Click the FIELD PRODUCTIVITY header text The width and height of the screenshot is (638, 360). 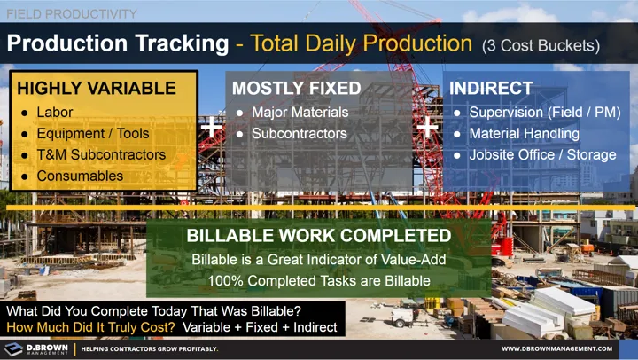click(70, 13)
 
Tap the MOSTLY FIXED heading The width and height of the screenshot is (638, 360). click(296, 89)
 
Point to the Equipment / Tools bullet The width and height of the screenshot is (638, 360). click(93, 134)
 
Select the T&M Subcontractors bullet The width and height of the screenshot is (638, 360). click(101, 155)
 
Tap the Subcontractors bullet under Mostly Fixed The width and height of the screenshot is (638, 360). click(299, 134)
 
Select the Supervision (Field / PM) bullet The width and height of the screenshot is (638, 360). click(542, 113)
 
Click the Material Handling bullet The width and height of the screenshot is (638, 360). click(524, 134)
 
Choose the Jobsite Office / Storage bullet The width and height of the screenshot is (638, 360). click(542, 155)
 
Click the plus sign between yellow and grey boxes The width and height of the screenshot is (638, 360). click(212, 128)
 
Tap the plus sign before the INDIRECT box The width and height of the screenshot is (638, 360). click(428, 128)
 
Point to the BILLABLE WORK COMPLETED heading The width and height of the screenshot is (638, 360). click(318, 237)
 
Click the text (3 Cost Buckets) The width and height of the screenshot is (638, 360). click(541, 44)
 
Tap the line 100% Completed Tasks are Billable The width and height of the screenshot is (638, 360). click(318, 280)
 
